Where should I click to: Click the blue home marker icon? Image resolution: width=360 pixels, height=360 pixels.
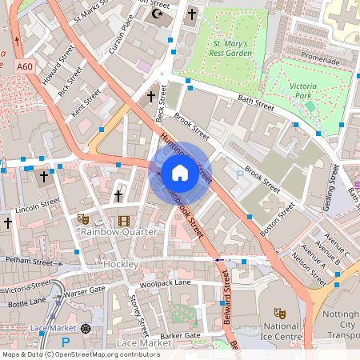pyautogui.click(x=180, y=172)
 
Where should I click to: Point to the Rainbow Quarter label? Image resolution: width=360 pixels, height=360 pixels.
pyautogui.click(x=118, y=232)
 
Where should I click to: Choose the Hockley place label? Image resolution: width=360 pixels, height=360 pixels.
pyautogui.click(x=121, y=263)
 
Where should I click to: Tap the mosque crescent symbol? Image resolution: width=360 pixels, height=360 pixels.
pyautogui.click(x=157, y=14)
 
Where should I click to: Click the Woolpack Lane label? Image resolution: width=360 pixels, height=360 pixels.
pyautogui.click(x=165, y=282)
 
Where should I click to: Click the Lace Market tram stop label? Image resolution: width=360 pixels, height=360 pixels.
pyautogui.click(x=50, y=329)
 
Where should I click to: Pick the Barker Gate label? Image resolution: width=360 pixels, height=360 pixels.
pyautogui.click(x=180, y=336)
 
